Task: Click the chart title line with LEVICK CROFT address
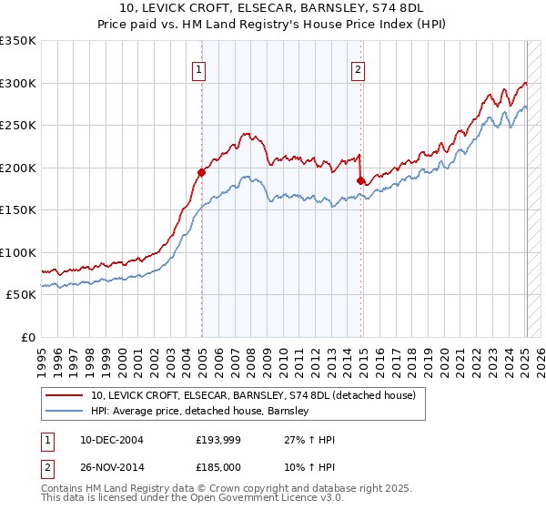[272, 8]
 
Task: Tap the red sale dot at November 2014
[361, 180]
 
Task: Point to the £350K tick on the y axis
[18, 41]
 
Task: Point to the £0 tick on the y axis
[27, 337]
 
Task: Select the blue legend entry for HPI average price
[200, 412]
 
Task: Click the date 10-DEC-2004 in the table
[112, 440]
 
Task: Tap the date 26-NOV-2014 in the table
[112, 467]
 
